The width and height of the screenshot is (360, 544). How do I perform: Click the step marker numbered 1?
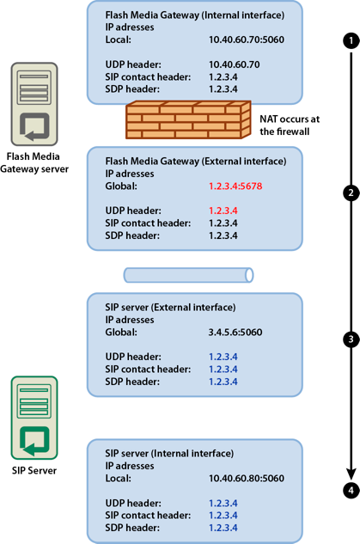tap(350, 40)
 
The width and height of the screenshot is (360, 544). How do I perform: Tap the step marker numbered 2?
tap(350, 193)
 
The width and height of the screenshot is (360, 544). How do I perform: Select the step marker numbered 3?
tap(350, 339)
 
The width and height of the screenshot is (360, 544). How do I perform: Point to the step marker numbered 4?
tap(350, 491)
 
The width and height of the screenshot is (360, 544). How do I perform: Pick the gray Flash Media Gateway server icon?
tap(34, 102)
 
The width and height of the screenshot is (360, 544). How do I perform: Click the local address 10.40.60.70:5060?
tap(246, 40)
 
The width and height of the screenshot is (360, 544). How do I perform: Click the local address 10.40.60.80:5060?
tap(246, 478)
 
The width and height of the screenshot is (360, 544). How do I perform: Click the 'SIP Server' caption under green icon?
tap(34, 471)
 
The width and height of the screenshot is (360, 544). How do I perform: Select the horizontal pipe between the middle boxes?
tap(188, 274)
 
